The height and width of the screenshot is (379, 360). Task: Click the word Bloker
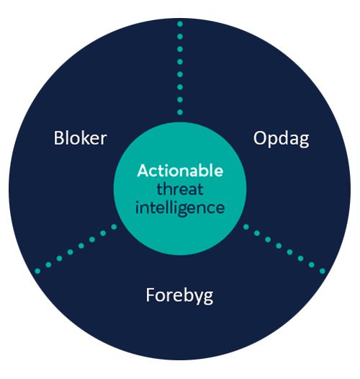80,138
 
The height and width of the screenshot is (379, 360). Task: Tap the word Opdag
281,139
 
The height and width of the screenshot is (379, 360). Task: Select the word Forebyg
179,295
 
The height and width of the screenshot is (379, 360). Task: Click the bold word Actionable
180,171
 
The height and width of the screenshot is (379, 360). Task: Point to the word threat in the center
180,189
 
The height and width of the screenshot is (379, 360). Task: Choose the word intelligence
180,208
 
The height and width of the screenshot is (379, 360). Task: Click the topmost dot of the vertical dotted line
180,24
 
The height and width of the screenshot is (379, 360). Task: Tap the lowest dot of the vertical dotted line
180,112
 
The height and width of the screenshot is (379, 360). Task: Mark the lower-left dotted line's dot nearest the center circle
114,227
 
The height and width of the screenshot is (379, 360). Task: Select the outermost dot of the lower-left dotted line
37,271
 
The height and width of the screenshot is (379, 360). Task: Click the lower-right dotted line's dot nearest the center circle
246,227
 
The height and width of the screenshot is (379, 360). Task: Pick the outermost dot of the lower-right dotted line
323,271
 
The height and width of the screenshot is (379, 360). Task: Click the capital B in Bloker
58,138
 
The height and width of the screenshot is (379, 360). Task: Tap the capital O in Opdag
260,138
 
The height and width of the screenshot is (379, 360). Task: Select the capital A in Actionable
143,171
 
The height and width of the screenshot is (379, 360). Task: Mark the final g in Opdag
304,141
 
